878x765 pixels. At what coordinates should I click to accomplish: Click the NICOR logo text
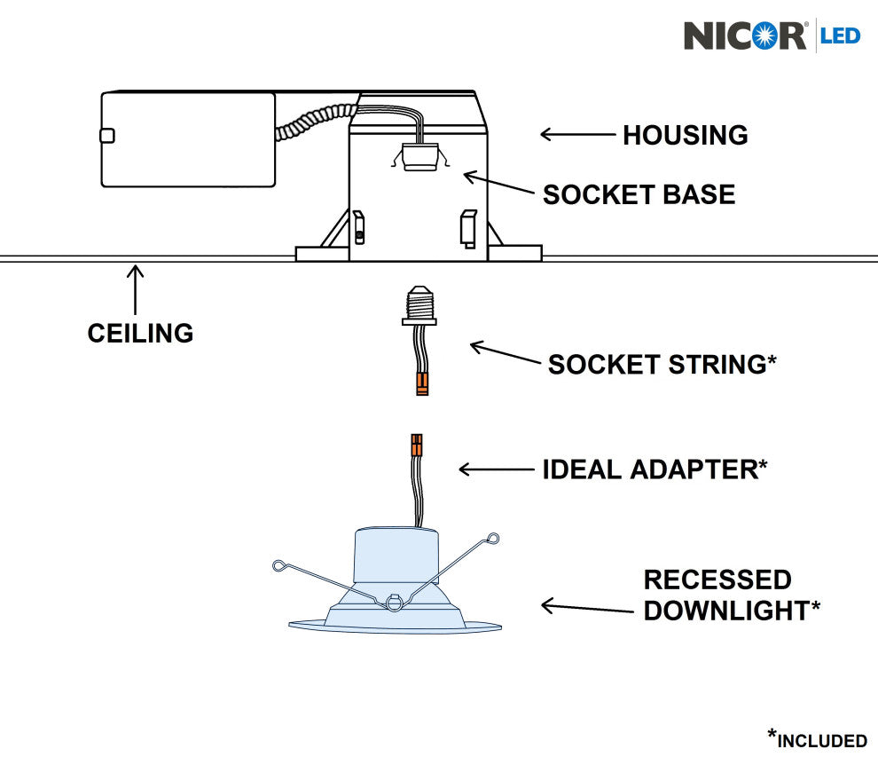click(744, 35)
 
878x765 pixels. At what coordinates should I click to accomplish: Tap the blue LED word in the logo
click(840, 35)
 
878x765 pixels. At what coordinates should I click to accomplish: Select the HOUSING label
click(685, 136)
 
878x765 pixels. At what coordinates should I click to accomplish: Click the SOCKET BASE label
click(639, 194)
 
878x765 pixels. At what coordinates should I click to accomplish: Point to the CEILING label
click(140, 333)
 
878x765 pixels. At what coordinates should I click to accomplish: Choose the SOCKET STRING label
click(662, 364)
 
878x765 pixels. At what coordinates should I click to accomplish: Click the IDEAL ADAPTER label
click(655, 469)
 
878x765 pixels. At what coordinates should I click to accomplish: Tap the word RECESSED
click(717, 580)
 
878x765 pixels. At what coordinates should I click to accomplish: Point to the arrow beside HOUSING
click(577, 135)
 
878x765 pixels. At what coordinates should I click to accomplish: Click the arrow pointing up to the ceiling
click(135, 289)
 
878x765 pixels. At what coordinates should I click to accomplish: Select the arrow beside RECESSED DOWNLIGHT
click(577, 606)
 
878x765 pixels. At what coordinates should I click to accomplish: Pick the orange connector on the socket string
click(422, 383)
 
